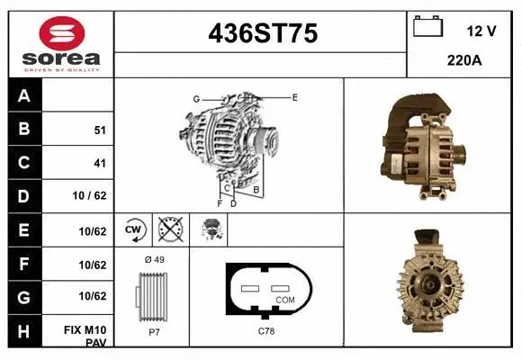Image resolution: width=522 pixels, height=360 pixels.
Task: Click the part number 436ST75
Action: click(x=262, y=34)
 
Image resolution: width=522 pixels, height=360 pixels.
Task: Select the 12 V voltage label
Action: click(x=481, y=31)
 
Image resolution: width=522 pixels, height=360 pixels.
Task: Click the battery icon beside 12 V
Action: click(x=428, y=28)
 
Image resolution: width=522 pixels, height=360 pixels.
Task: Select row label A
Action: click(x=24, y=95)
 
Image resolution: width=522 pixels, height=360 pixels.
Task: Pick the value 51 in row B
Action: click(x=100, y=130)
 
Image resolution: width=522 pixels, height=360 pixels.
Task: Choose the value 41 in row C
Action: click(x=100, y=164)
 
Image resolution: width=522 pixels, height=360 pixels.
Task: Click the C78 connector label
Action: click(x=266, y=332)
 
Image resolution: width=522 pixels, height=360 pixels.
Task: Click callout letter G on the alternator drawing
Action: click(x=195, y=98)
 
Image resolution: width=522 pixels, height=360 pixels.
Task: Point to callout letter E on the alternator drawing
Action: click(x=294, y=96)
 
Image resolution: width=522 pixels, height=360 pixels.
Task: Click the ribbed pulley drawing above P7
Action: click(x=152, y=296)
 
